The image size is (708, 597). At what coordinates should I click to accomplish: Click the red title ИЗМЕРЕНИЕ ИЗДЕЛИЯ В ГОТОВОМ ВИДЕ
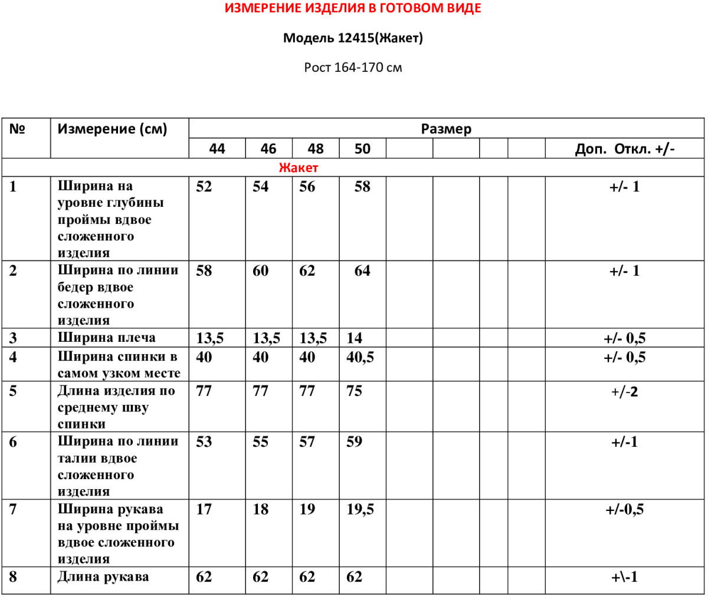click(353, 9)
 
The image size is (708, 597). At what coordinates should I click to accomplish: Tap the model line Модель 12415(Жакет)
click(353, 38)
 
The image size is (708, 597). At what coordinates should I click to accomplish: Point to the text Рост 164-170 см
click(353, 68)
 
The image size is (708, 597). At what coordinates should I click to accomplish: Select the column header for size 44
click(217, 149)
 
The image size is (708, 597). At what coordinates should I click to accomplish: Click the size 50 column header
click(362, 149)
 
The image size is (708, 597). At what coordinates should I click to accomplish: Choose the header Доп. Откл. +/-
click(624, 149)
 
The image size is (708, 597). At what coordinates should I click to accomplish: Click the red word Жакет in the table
click(299, 168)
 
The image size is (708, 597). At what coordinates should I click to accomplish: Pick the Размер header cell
click(446, 129)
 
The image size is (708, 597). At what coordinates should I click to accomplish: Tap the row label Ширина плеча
click(107, 338)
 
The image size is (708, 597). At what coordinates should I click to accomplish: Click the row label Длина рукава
click(103, 577)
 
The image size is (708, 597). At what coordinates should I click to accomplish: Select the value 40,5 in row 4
click(360, 357)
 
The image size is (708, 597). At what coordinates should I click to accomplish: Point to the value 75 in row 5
click(354, 391)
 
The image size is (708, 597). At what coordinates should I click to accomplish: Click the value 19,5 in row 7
click(360, 510)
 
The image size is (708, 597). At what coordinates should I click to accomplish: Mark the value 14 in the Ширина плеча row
click(354, 338)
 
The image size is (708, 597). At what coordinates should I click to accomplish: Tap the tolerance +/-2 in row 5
click(624, 392)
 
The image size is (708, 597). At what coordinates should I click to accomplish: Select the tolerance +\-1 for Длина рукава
click(624, 578)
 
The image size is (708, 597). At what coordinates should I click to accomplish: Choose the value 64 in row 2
click(362, 271)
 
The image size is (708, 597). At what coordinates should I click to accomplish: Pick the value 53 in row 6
click(204, 442)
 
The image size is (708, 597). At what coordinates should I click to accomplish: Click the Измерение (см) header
click(112, 129)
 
